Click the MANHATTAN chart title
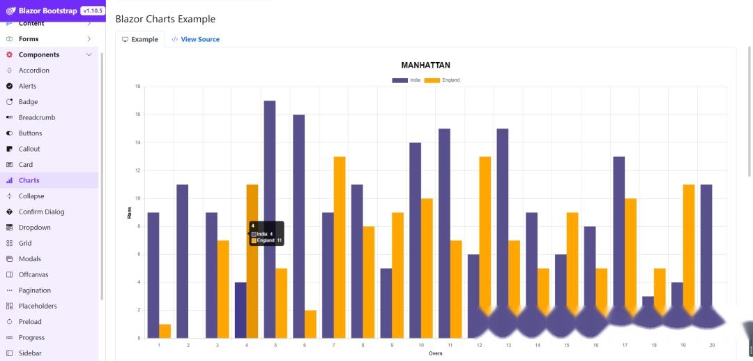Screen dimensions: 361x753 (425, 65)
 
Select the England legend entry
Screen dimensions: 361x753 (442, 80)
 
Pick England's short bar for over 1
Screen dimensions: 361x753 (165, 331)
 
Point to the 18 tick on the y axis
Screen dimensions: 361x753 (137, 87)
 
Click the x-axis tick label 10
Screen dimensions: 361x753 (420, 345)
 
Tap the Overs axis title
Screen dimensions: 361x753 (435, 353)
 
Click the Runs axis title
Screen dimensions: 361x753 (129, 212)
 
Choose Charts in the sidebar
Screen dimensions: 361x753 (29, 180)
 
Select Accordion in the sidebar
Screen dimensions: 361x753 (33, 71)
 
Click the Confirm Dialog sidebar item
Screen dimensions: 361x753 (41, 212)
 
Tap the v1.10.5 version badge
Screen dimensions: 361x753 (92, 10)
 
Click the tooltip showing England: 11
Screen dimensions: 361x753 (267, 233)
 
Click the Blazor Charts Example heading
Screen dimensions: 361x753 (165, 19)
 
